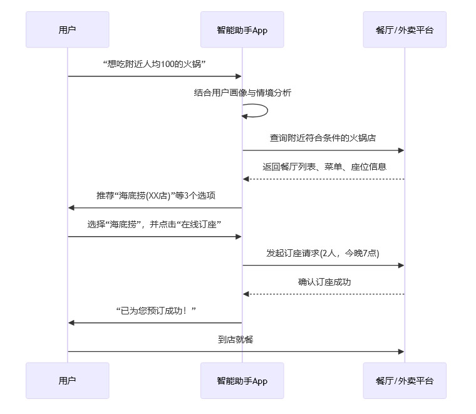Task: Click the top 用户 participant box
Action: pos(67,29)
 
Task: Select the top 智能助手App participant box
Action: pos(242,29)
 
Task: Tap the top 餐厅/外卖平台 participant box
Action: pos(404,29)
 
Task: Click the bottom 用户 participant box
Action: pos(67,380)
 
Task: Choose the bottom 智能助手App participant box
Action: pos(242,380)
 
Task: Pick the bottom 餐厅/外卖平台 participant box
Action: pos(404,380)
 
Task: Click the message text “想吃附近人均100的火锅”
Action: pos(155,65)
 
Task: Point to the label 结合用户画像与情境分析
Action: pos(242,93)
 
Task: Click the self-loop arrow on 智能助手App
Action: pos(263,111)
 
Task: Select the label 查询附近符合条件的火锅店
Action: pos(323,138)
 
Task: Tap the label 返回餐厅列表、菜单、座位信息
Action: pos(324,167)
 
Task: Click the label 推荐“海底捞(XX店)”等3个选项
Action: pos(155,195)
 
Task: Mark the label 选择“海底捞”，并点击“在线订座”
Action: pos(155,224)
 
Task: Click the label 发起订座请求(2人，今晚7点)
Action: pos(323,253)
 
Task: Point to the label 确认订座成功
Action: pos(324,282)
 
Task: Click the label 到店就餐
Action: pos(235,339)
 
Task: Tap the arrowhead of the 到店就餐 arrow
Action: pos(401,351)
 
